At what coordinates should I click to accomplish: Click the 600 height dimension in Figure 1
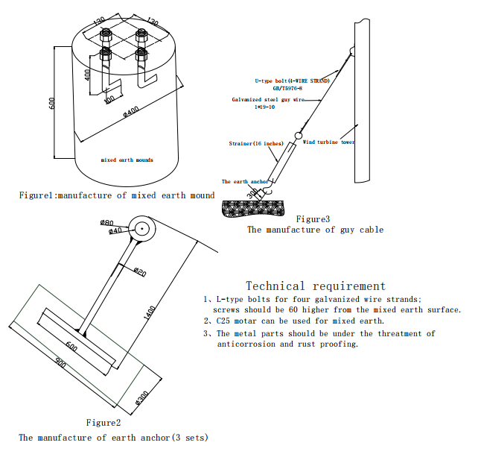point(52,103)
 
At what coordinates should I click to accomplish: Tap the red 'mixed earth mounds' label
point(127,160)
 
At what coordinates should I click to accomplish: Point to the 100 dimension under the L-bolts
point(109,98)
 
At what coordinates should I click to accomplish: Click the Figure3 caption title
point(313,218)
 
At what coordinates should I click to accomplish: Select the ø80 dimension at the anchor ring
point(106,222)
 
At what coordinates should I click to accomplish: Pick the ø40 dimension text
point(115,231)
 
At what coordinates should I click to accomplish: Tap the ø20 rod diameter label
point(140,272)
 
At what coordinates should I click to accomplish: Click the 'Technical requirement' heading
point(316,286)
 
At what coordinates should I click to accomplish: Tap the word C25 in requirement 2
point(225,321)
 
